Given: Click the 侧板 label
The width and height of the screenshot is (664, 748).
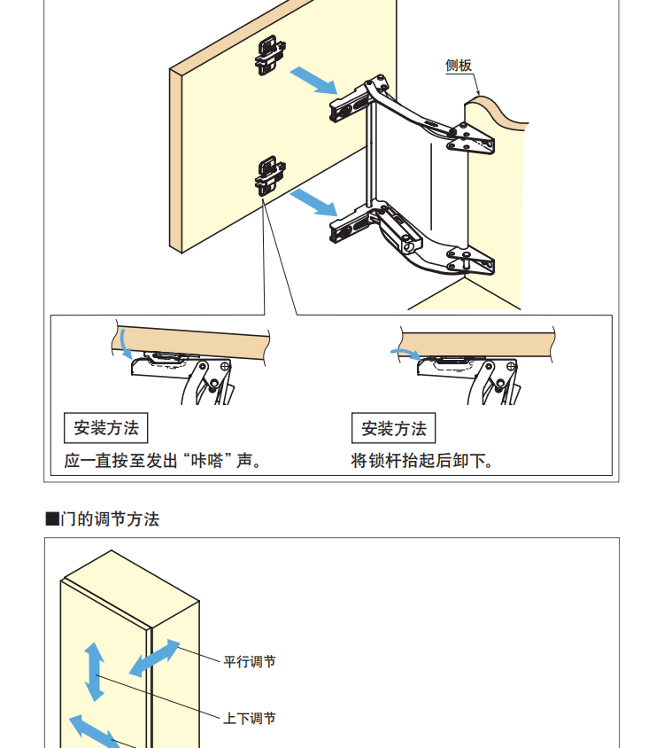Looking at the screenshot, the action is [459, 66].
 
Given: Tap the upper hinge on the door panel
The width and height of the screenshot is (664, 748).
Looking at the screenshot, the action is [270, 55].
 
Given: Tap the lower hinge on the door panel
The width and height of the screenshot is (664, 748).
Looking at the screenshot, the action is [270, 176].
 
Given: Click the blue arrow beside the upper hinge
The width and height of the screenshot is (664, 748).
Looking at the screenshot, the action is [313, 80].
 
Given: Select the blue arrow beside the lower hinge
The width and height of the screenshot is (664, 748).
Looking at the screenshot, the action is [313, 202].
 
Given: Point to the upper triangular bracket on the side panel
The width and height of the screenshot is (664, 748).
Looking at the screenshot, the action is [470, 139].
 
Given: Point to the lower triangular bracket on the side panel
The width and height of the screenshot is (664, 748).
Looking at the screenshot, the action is [470, 261].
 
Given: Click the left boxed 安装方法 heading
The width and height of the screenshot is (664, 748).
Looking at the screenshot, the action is [106, 428].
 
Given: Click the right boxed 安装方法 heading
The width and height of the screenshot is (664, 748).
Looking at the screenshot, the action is [394, 428].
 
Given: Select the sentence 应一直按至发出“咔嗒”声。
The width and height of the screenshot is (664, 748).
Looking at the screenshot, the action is [163, 461].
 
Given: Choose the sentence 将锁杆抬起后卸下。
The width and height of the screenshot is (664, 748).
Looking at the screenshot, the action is [421, 461].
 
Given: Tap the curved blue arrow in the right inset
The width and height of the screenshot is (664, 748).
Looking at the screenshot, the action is [406, 353].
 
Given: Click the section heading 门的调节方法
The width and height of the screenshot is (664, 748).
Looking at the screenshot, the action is [110, 519].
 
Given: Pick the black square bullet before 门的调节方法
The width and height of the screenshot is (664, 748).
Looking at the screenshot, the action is [52, 519].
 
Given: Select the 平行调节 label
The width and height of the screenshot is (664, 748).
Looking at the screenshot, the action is [250, 662].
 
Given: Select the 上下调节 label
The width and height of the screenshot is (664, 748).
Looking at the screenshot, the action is [250, 718].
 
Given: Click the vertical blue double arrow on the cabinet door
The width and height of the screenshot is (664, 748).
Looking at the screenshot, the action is [95, 672].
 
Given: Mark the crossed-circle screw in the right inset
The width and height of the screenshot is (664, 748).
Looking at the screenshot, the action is [511, 367].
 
